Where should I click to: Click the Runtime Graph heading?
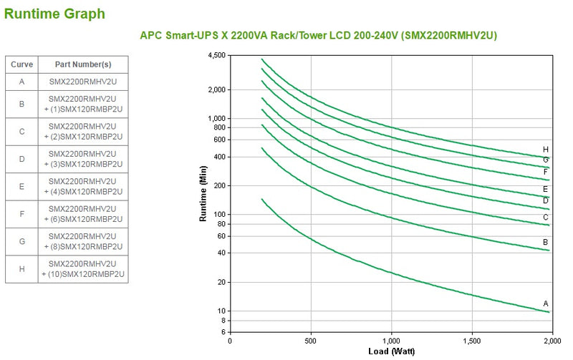click(x=54, y=14)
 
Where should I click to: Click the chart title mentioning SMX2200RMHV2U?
click(x=318, y=35)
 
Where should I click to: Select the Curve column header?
click(x=21, y=64)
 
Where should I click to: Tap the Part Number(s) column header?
click(x=83, y=64)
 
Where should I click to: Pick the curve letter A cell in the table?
click(x=21, y=82)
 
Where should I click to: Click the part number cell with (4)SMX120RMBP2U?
click(x=83, y=187)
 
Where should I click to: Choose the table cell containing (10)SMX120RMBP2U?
click(x=83, y=268)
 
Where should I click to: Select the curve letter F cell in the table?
click(x=21, y=214)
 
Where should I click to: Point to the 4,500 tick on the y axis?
click(x=215, y=56)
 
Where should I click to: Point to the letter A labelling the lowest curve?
click(x=546, y=303)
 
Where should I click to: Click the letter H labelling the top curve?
click(x=546, y=150)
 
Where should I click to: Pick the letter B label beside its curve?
click(x=546, y=242)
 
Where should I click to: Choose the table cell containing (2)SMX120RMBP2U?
click(x=83, y=132)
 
